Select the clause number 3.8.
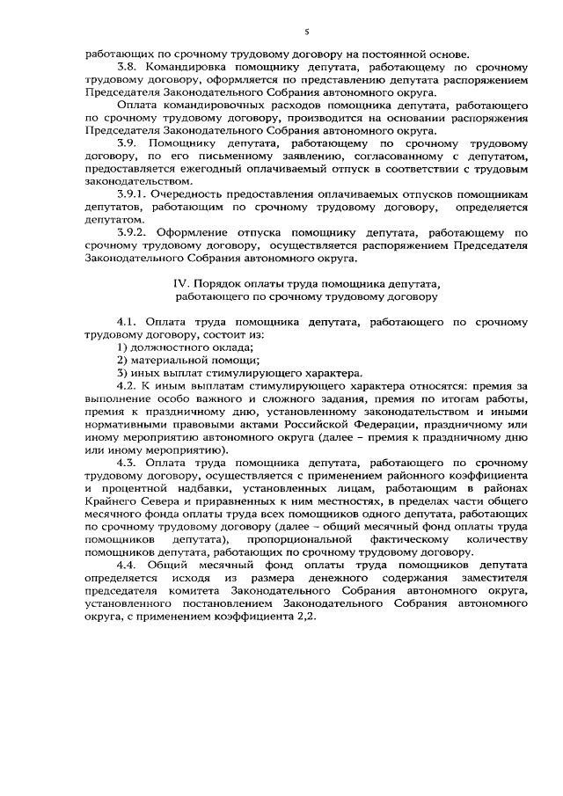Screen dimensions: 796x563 (128, 66)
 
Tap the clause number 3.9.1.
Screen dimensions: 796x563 (134, 191)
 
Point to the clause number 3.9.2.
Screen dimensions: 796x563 (134, 233)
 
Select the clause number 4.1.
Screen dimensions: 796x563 (128, 323)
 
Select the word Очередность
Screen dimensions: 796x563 (194, 191)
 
